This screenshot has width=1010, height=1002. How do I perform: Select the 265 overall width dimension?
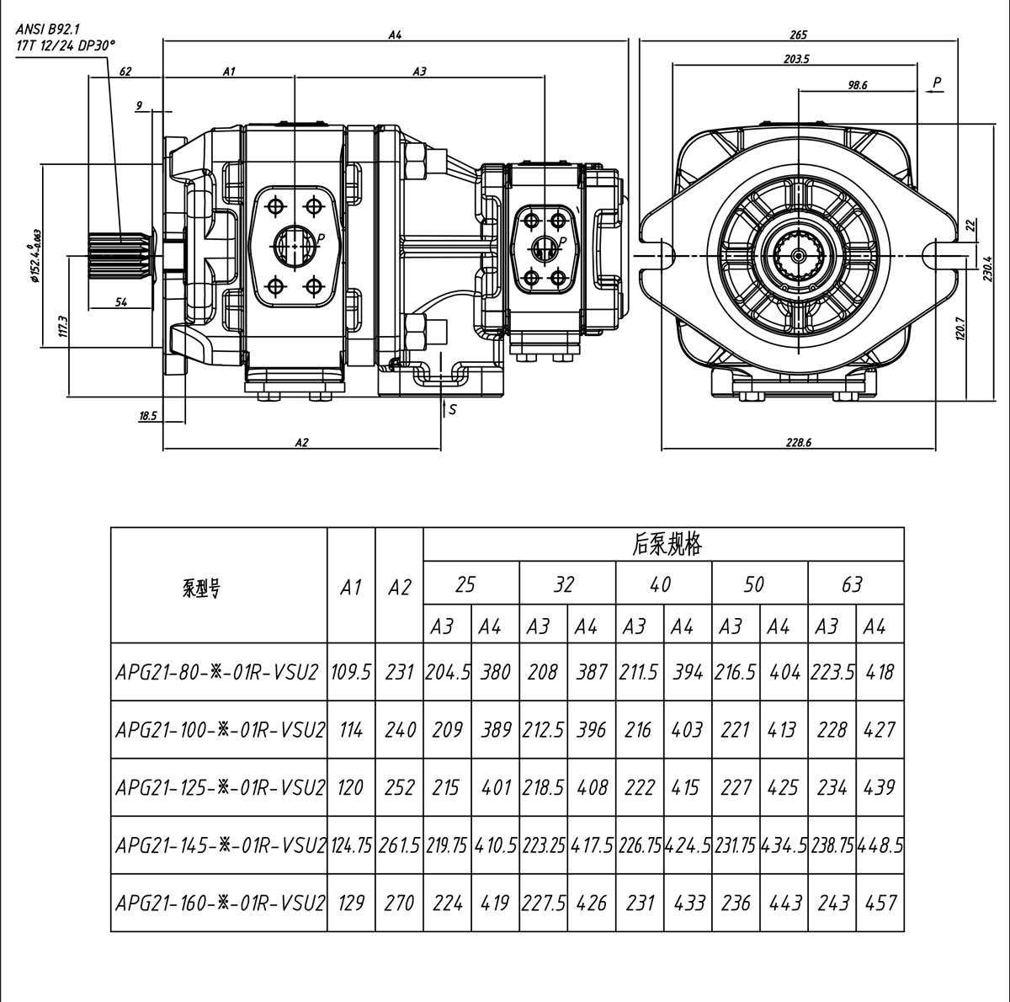coord(798,35)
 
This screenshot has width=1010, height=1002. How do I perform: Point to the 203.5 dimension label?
coord(795,59)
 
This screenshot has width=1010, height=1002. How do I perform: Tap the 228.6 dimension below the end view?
coord(798,443)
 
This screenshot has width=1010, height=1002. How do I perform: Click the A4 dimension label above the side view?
coord(395,35)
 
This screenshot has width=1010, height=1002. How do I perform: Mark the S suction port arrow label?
coord(452,410)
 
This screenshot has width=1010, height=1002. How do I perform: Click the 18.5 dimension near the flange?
coord(147,416)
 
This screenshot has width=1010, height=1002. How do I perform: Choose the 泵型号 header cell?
coord(201,588)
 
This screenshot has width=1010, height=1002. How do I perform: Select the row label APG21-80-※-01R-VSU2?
coord(218,673)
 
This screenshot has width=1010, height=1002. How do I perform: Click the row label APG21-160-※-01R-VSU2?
coord(218,903)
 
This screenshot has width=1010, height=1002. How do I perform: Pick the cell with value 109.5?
coord(351,673)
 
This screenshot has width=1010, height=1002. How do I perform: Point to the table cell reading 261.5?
coord(399,845)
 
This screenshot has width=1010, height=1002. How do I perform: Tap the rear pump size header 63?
coord(852,584)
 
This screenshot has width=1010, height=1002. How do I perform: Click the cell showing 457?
coord(880,903)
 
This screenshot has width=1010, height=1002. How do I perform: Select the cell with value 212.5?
coord(543,730)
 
